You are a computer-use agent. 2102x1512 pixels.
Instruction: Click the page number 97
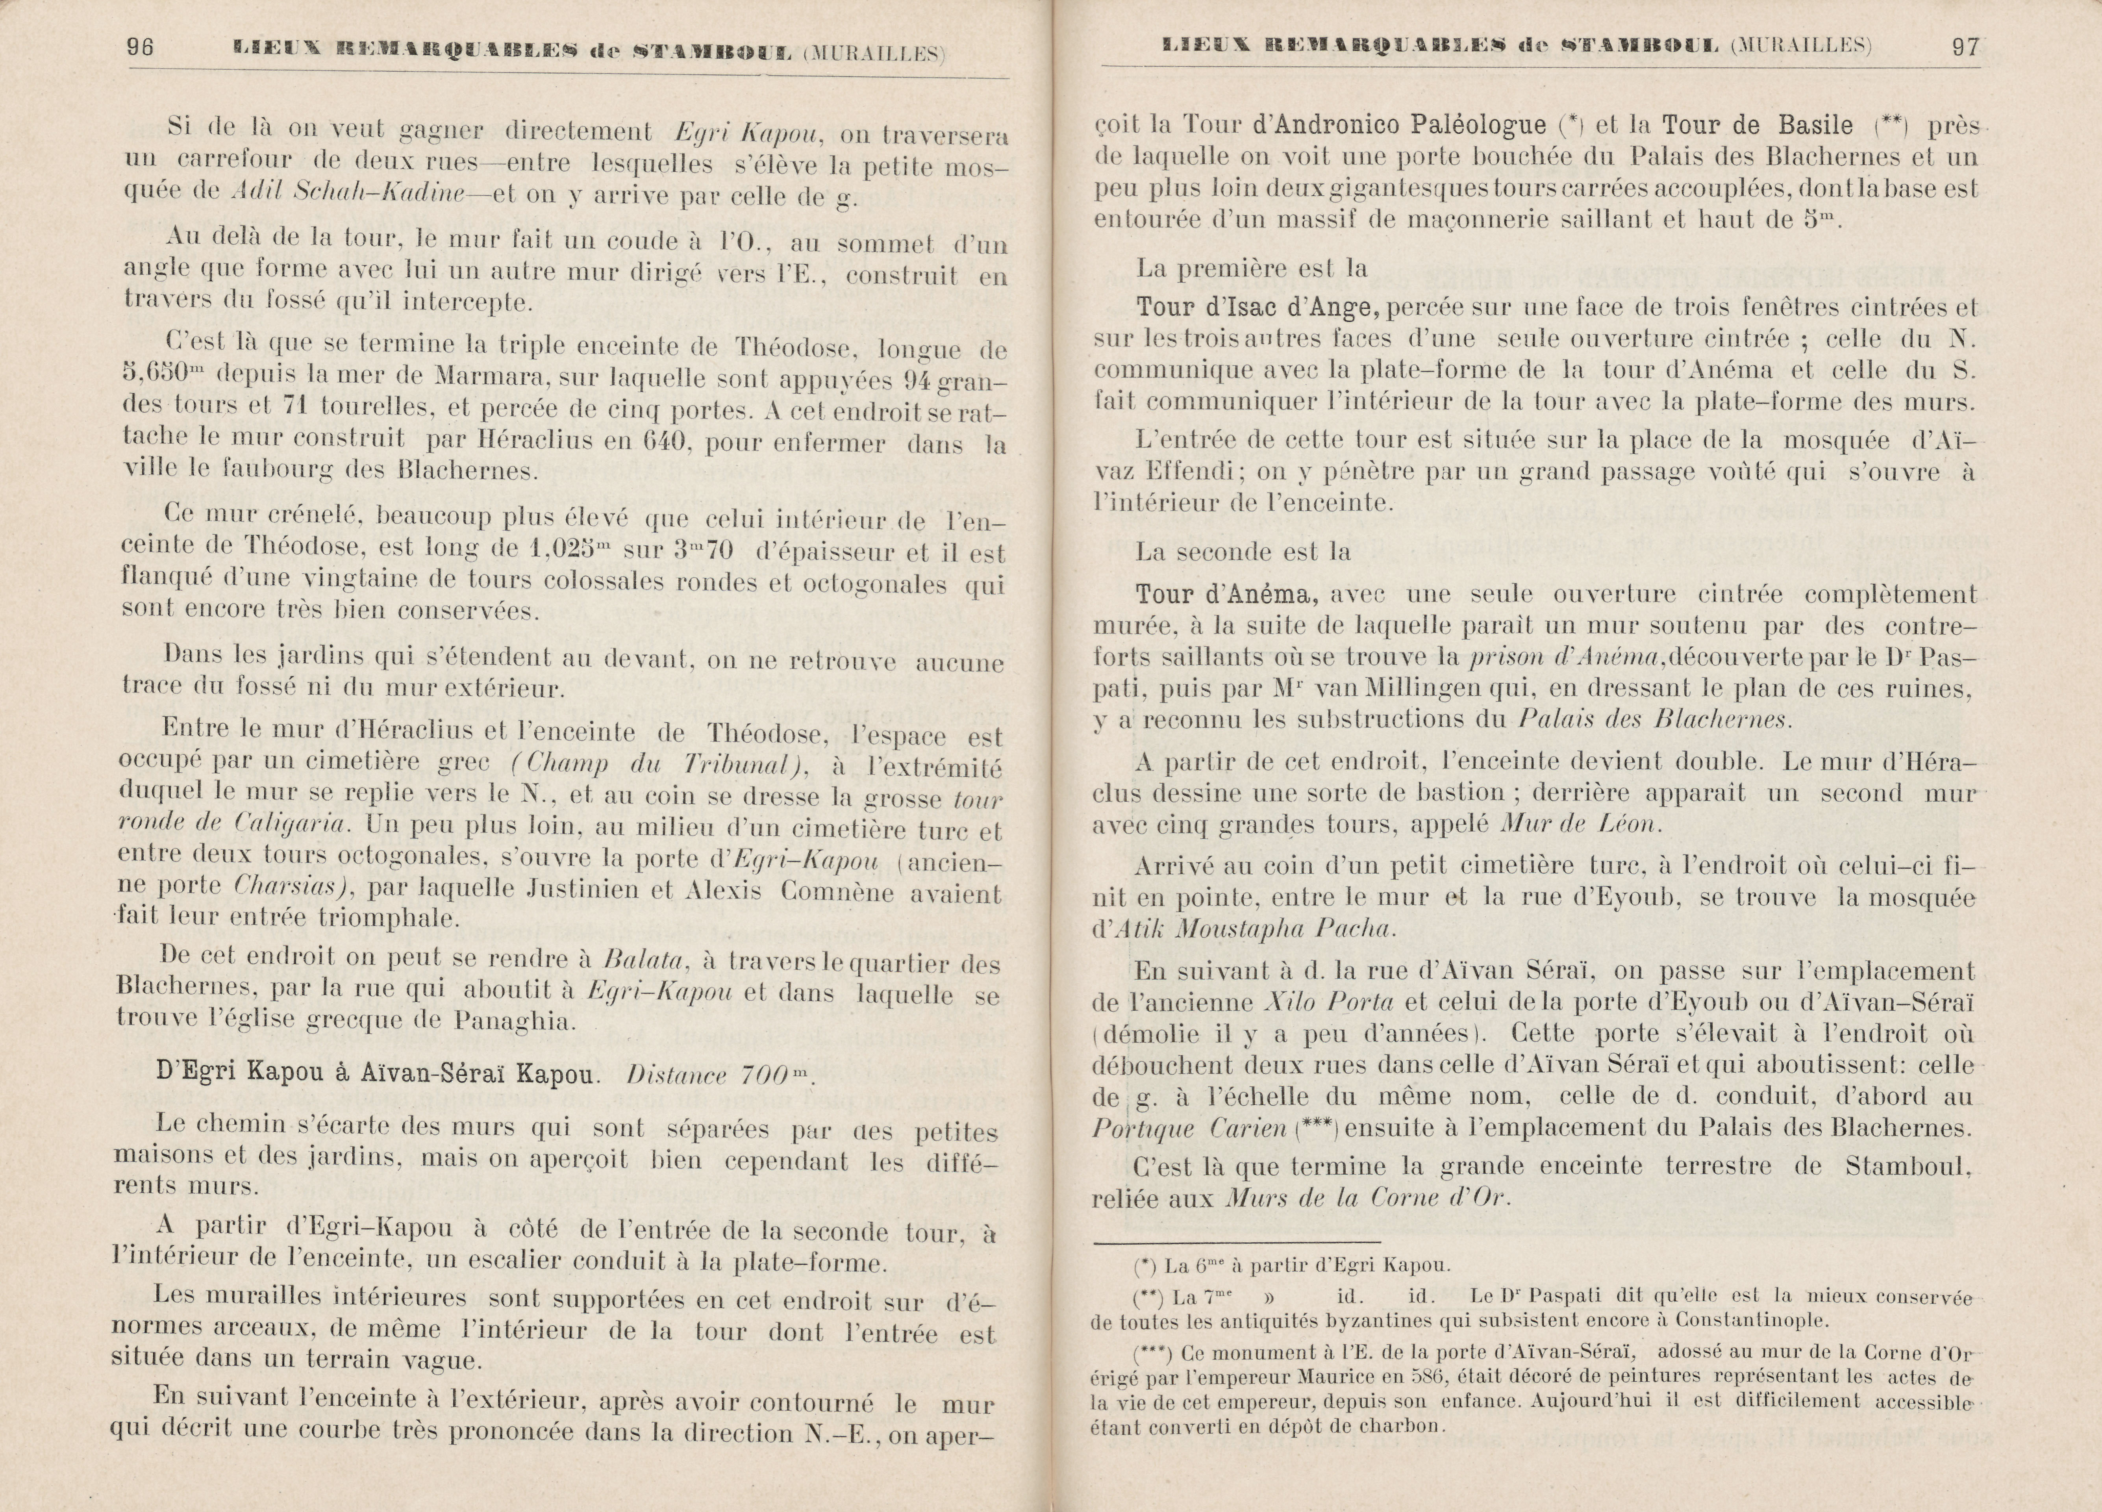[1965, 47]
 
